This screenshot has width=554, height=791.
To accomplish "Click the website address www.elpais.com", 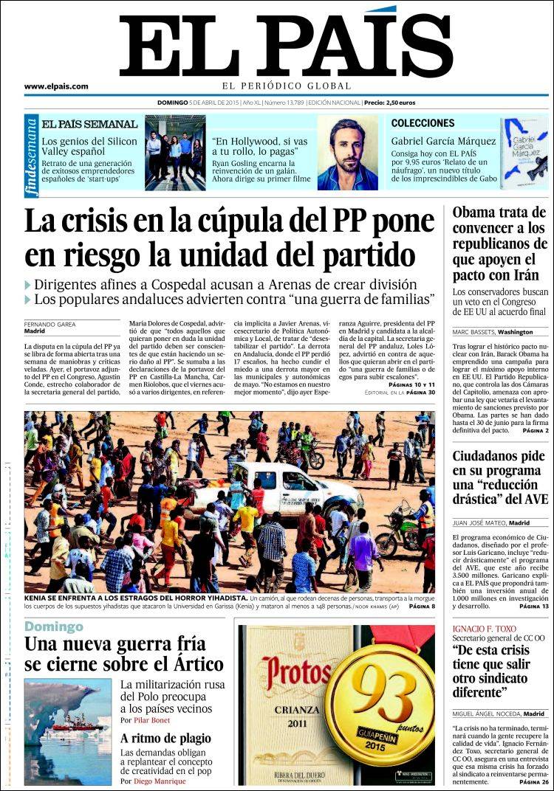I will tap(56, 86).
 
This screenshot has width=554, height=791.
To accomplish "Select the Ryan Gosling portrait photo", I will tap(347, 153).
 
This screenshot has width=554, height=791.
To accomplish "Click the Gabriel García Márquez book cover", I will tap(524, 152).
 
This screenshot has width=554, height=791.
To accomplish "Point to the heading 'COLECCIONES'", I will tap(423, 123).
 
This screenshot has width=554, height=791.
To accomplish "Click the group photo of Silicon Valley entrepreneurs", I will tap(174, 152).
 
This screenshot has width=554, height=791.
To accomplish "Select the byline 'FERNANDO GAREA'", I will tap(50, 324).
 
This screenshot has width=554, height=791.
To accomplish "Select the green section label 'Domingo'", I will tap(54, 626).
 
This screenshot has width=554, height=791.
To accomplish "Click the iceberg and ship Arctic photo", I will tap(68, 731).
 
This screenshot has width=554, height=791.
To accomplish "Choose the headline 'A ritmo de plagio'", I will tap(165, 738).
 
